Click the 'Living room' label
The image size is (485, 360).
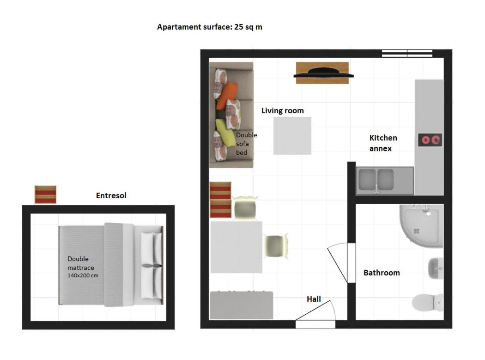(x=282, y=110)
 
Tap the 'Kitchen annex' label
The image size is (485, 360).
(x=383, y=143)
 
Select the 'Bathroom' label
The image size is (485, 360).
(x=382, y=273)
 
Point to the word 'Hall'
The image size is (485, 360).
(x=314, y=299)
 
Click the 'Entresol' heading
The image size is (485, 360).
(x=111, y=195)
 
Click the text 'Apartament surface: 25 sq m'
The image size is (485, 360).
(x=209, y=27)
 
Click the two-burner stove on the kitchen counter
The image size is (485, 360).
(x=430, y=140)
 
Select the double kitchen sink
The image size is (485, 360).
(x=376, y=180)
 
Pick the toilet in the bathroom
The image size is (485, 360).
(x=427, y=302)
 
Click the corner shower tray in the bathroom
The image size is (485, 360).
(x=421, y=226)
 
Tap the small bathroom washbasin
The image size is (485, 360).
(x=436, y=268)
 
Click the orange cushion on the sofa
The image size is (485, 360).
(x=227, y=96)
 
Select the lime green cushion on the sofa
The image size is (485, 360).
(x=225, y=133)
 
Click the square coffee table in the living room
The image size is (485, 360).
(x=292, y=135)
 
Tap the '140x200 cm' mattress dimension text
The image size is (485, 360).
(x=83, y=275)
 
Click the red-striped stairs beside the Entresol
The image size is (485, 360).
(x=45, y=195)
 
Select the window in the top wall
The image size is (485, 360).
(x=407, y=53)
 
